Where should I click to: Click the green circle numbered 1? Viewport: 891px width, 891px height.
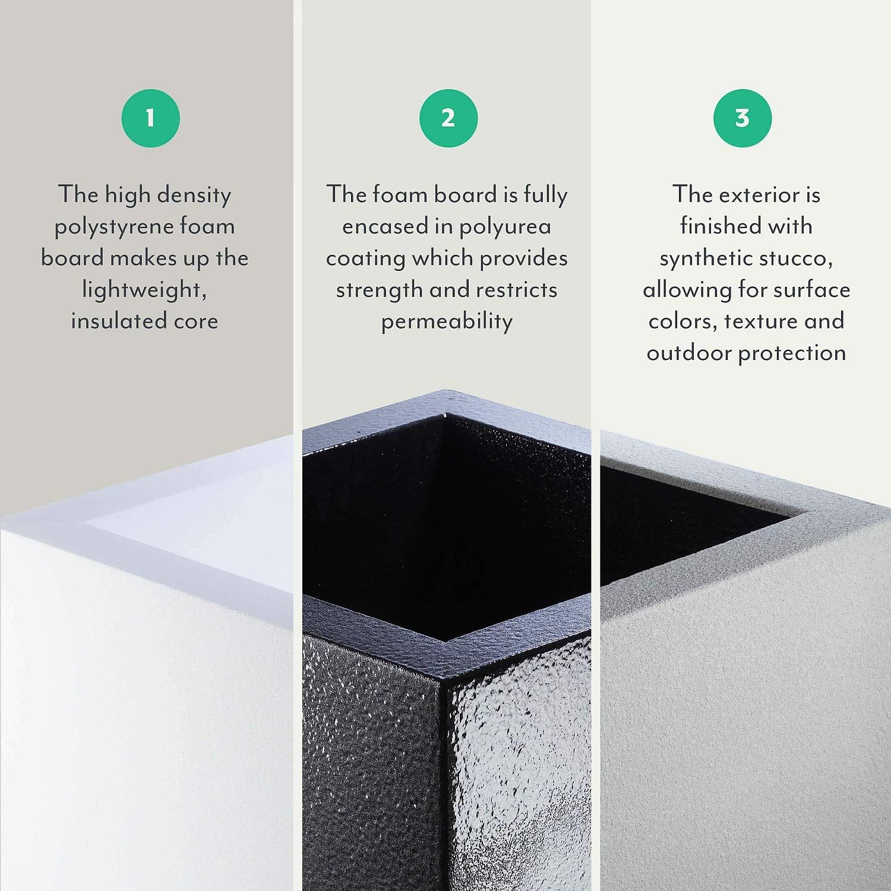[150, 118]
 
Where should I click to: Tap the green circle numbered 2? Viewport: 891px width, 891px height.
[448, 118]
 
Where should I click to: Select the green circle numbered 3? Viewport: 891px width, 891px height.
[742, 118]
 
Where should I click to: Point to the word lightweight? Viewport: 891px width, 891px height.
[144, 290]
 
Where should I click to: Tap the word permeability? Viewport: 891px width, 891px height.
[447, 321]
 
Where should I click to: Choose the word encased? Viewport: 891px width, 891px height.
[386, 227]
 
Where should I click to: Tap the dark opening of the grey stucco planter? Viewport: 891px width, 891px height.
[671, 523]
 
